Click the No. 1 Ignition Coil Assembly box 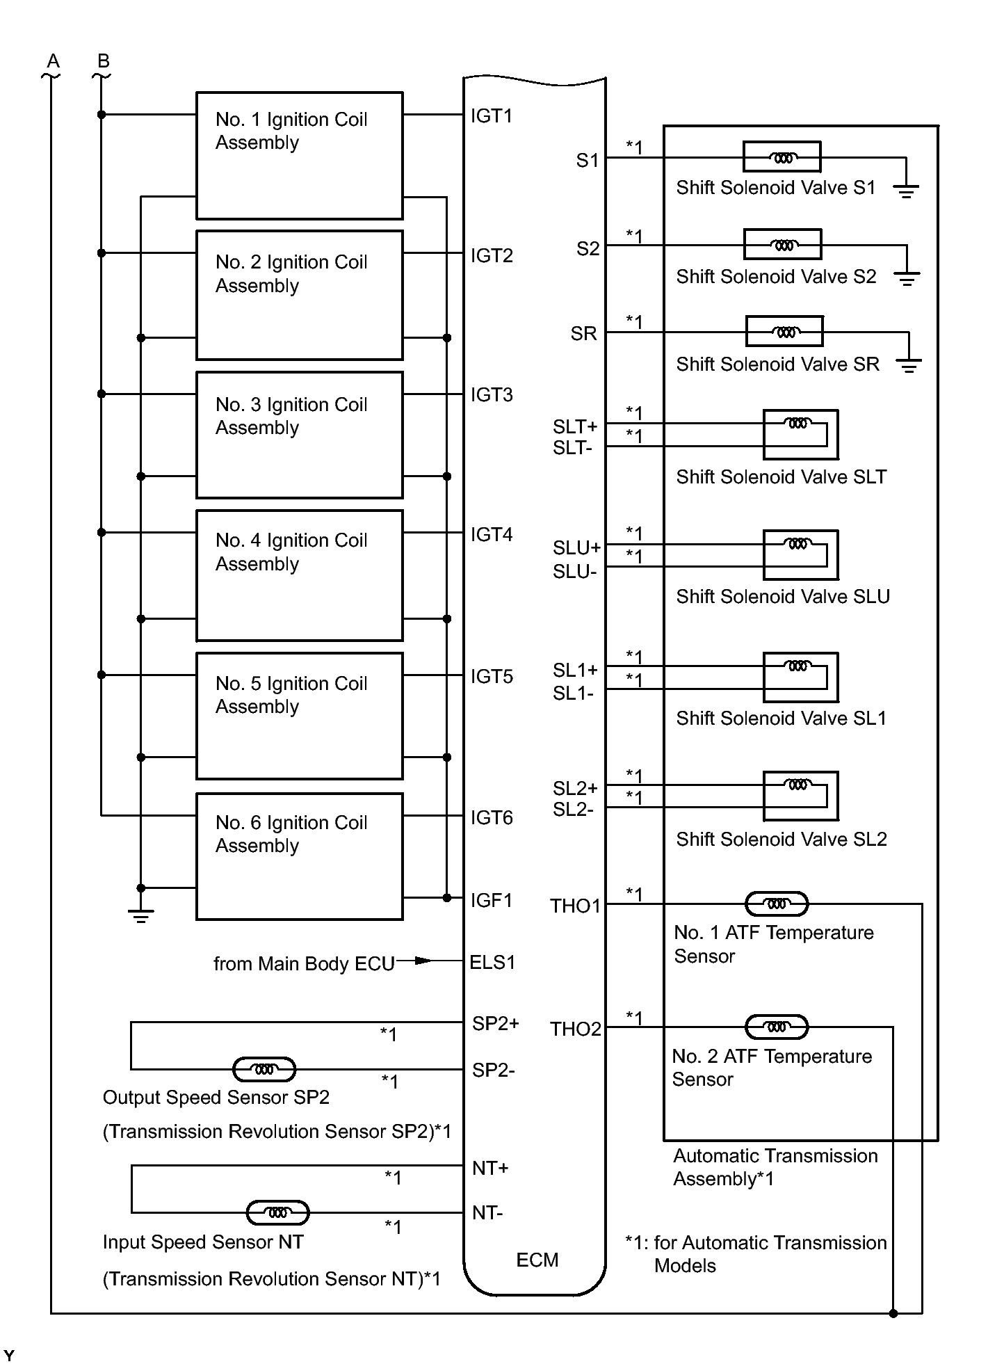[299, 155]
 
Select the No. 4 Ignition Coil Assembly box [299, 575]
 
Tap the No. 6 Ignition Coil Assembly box [299, 856]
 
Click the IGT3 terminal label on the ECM [492, 395]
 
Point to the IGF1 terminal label [491, 901]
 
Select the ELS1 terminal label [492, 963]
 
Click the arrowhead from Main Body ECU [423, 961]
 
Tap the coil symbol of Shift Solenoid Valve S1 [782, 157]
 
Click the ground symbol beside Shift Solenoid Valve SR [908, 365]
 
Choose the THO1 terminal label [575, 906]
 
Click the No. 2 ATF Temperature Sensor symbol [777, 1027]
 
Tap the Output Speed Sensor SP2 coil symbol [264, 1070]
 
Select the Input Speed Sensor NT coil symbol [278, 1213]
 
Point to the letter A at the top [53, 61]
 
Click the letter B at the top [103, 61]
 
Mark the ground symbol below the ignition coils [140, 915]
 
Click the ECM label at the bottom [537, 1260]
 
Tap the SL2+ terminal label [575, 789]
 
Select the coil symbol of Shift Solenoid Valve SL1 [798, 666]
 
